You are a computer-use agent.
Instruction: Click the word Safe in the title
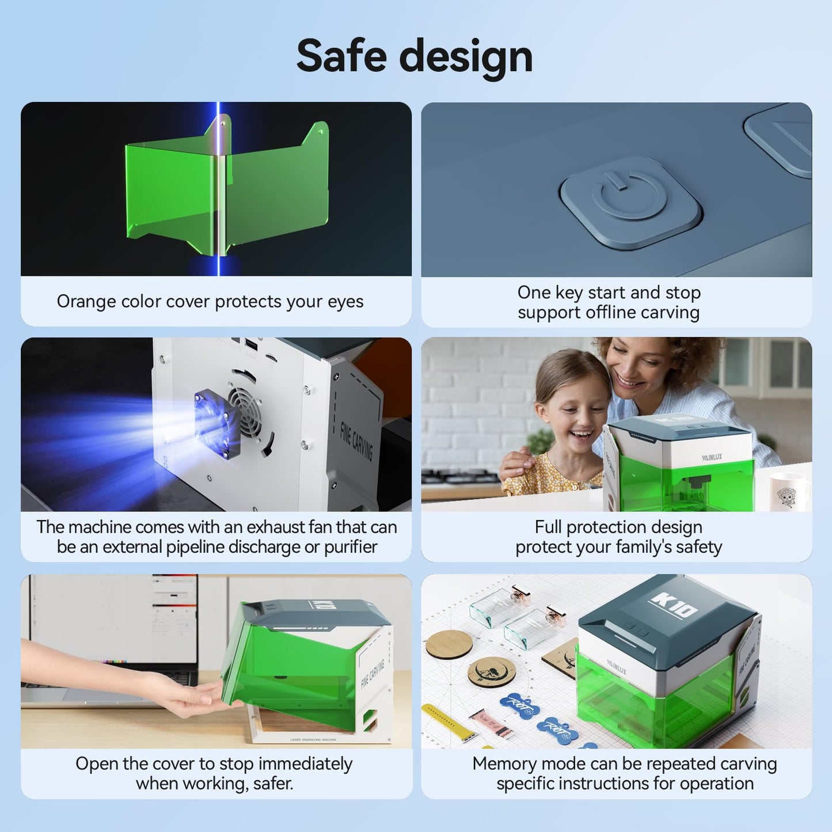click(341, 56)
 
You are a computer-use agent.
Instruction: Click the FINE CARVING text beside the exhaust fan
click(356, 440)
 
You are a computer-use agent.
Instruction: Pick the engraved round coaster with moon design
click(491, 672)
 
